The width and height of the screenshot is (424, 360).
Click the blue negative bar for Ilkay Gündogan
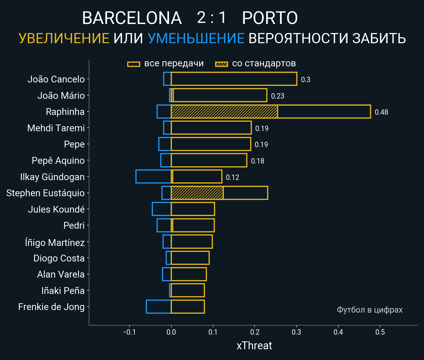pos(153,177)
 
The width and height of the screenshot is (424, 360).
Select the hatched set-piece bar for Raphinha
pos(224,112)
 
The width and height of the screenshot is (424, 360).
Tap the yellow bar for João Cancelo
pos(234,79)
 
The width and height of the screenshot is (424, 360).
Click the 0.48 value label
pos(381,112)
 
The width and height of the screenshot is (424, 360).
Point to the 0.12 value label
pos(232,177)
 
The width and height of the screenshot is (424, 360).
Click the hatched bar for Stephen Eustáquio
pos(197,193)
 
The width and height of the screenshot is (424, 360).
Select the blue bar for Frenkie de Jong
pos(159,307)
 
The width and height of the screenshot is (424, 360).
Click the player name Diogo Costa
pos(59,258)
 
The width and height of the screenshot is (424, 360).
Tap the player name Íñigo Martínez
pos(55,243)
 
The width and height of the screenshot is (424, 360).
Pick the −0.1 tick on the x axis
pos(129,332)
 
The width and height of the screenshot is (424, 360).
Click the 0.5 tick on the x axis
pos(380,332)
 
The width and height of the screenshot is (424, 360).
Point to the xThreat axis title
pos(254,346)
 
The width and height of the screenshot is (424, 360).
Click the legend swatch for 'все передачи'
pos(134,64)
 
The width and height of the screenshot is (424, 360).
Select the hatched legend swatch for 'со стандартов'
pos(221,64)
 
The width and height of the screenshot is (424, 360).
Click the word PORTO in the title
pos(270,18)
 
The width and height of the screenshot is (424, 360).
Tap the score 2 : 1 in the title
pos(212,18)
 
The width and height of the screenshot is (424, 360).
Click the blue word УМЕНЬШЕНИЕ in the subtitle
pos(196,38)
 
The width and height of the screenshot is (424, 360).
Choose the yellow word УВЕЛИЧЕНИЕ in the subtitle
pos(64,38)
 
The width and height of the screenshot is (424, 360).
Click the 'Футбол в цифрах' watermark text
pos(369,310)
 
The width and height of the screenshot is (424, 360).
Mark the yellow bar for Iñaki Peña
pos(188,291)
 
